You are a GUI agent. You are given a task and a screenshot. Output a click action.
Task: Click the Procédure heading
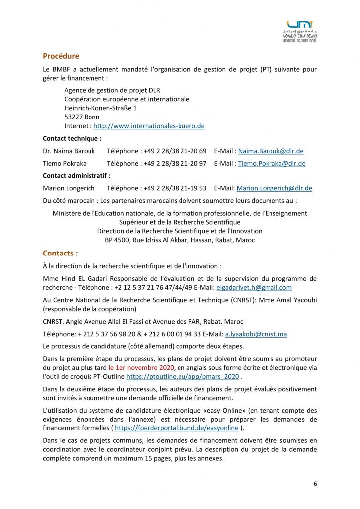pos(61,56)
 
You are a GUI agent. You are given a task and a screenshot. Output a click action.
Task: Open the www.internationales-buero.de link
pos(149,126)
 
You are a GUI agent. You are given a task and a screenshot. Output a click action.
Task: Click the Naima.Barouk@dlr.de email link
pos(270,151)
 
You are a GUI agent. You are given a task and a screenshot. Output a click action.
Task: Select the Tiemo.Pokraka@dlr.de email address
pos(271,163)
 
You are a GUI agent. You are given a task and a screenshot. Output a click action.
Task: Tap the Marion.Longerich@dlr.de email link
pos(274,188)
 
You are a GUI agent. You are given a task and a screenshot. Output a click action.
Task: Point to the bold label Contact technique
pos(72,139)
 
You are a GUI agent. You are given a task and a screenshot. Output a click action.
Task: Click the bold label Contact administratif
pos(77,176)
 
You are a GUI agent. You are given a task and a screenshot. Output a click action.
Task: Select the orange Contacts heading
pos(60,253)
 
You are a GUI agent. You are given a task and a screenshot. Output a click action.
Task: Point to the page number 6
pos(315,484)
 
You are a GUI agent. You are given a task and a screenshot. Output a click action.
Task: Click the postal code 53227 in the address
pos(74,117)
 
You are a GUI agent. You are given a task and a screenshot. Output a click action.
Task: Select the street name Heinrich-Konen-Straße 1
pos(100,108)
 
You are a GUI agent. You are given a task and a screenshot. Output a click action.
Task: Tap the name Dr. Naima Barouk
pos(69,151)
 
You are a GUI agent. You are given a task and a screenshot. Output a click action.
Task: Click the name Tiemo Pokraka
pos(65,163)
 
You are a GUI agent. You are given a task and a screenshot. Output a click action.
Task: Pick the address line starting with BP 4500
pos(180,240)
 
